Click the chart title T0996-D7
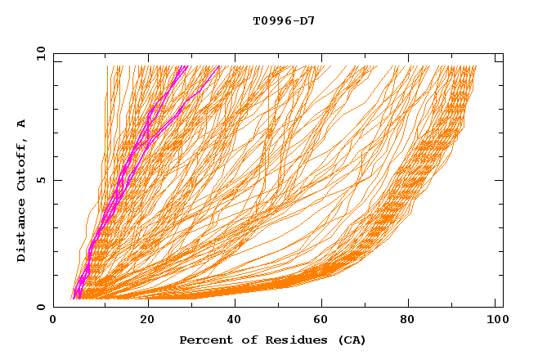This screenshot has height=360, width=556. tap(284, 20)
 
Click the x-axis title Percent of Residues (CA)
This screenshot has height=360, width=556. tap(273, 340)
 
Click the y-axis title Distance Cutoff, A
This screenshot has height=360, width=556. tap(21, 190)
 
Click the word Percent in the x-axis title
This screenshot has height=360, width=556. tap(205, 340)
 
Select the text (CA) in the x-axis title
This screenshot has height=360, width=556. tap(352, 340)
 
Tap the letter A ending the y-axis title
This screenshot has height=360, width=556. tap(21, 124)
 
